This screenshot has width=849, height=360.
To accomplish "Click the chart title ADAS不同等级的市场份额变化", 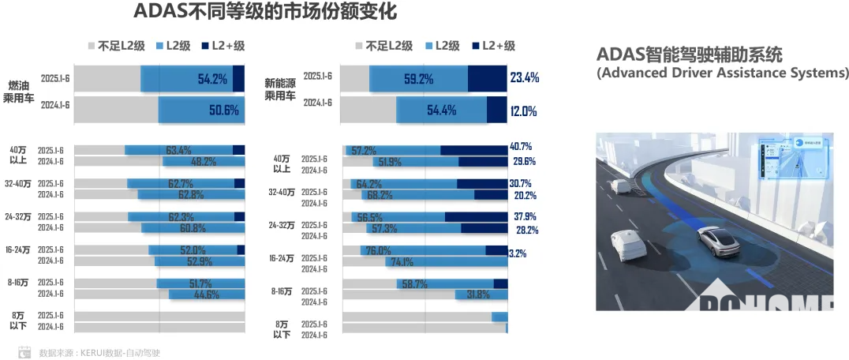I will pyautogui.click(x=264, y=12).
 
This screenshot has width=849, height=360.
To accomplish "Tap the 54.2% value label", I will pyautogui.click(x=212, y=79).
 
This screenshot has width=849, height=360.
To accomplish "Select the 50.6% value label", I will pyautogui.click(x=223, y=111).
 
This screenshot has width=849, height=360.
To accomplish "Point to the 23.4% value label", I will pyautogui.click(x=525, y=77).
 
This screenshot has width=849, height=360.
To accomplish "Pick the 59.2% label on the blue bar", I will pyautogui.click(x=418, y=79).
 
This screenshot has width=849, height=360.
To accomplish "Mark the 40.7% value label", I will pyautogui.click(x=522, y=147).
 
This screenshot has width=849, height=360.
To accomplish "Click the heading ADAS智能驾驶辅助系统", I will pyautogui.click(x=690, y=55).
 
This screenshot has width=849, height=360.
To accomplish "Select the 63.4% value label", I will pyautogui.click(x=179, y=150).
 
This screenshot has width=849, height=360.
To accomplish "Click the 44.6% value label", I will pyautogui.click(x=206, y=294).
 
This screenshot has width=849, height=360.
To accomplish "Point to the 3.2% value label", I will pyautogui.click(x=518, y=253).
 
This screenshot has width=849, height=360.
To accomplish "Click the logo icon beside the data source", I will pyautogui.click(x=25, y=353).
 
